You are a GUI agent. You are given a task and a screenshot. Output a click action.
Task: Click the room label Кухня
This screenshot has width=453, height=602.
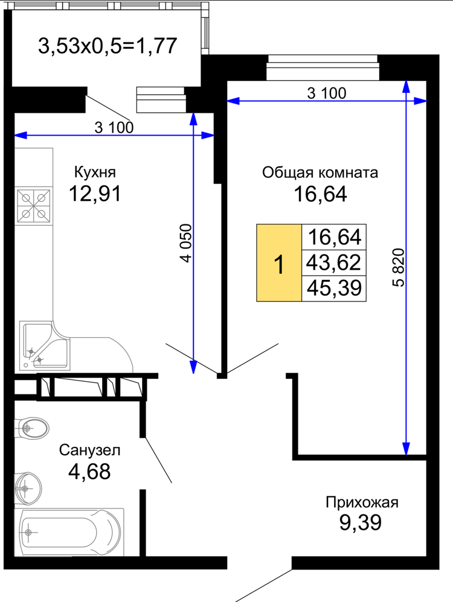[x=95, y=173]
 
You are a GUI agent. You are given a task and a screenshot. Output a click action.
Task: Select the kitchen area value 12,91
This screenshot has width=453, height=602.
[x=95, y=194]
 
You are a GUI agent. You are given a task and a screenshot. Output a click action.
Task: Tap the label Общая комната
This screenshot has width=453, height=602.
[x=320, y=173]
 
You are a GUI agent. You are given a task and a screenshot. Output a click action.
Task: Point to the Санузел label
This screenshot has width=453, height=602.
[x=89, y=450]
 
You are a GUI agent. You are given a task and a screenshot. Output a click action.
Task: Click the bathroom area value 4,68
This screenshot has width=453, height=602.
[x=89, y=472]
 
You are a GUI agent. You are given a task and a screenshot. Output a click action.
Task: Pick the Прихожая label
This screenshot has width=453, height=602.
[x=362, y=502]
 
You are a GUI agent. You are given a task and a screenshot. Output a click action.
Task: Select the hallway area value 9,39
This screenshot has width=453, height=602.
[x=361, y=522]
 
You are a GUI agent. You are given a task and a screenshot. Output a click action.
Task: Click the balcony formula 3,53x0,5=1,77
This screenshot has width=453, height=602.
[x=108, y=46]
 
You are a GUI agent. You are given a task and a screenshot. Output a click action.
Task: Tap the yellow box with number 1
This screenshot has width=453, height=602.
[x=279, y=262]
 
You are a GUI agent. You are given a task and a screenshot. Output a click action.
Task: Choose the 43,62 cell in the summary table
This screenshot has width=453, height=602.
[x=334, y=262]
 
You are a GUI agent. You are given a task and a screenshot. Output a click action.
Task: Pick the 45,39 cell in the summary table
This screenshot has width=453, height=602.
[x=334, y=288]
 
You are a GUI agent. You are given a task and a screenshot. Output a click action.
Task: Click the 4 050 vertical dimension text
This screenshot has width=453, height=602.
[x=186, y=243]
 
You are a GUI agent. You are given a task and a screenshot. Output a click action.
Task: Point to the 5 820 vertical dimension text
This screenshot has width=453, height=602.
[x=399, y=268]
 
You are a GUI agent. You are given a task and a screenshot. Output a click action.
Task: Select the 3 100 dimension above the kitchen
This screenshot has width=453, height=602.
[x=114, y=127]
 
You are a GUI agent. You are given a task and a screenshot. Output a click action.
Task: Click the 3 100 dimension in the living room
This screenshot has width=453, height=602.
[x=327, y=93]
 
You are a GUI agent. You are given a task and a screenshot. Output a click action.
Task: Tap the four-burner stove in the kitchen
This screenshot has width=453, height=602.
[x=34, y=206]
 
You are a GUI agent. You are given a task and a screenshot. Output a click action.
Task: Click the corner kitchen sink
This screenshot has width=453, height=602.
[x=43, y=346]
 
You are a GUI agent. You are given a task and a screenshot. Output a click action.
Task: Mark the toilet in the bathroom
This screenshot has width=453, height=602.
[x=32, y=428]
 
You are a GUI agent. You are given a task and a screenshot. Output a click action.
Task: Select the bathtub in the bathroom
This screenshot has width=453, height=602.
[x=69, y=532]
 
